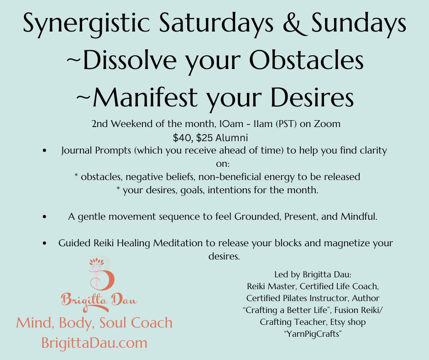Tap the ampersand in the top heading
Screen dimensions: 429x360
[x=295, y=23]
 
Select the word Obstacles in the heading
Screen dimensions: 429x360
[x=306, y=60]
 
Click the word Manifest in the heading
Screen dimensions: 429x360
[x=145, y=97]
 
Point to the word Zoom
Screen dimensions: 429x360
[x=327, y=124]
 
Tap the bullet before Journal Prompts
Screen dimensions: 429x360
[x=45, y=150]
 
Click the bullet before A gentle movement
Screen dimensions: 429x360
[x=45, y=217]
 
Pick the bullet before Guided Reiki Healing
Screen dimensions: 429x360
[x=45, y=243]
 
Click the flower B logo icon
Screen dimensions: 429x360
[x=101, y=274]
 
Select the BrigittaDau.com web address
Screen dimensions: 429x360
[x=94, y=343]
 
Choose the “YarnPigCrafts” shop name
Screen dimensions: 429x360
[x=313, y=334]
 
